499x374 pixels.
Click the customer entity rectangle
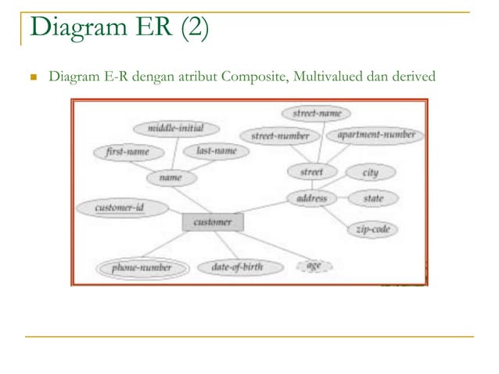(213, 222)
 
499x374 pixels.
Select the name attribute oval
(171, 178)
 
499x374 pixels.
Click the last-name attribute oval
(216, 151)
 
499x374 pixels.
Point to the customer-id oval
(120, 208)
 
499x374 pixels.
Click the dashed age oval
(314, 266)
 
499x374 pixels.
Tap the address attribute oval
(312, 199)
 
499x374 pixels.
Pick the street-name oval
(317, 113)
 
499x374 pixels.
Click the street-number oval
(280, 136)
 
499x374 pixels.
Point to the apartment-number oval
(376, 135)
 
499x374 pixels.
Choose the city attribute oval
(370, 171)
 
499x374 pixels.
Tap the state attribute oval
(373, 199)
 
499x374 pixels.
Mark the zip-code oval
(372, 230)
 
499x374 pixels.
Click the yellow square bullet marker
(32, 78)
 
